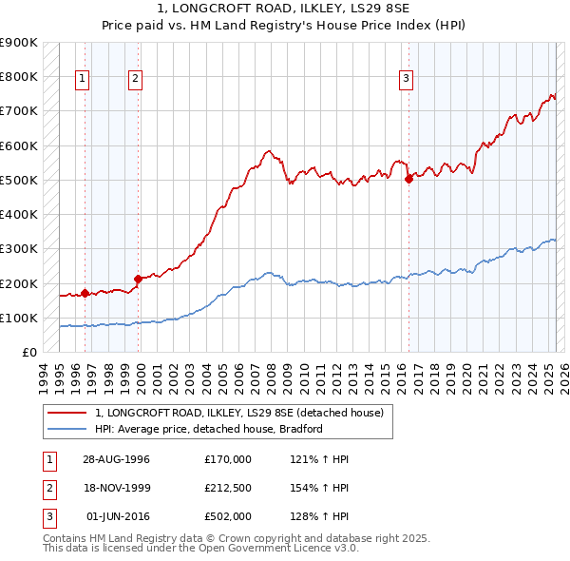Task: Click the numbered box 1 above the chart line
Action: point(83,79)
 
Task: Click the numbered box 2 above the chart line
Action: point(136,79)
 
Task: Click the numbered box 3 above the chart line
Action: point(406,79)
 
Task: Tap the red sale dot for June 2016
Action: point(408,178)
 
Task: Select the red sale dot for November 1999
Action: point(139,279)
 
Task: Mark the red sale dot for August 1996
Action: point(85,293)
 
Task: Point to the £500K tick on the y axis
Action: point(19,180)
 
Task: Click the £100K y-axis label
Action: point(19,318)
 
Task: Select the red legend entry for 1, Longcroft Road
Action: point(238,413)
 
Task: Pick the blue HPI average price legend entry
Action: point(209,429)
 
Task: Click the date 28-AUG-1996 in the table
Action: point(117,459)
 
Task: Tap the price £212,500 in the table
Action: point(227,488)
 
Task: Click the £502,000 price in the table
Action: point(227,516)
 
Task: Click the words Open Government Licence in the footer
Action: point(282,548)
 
